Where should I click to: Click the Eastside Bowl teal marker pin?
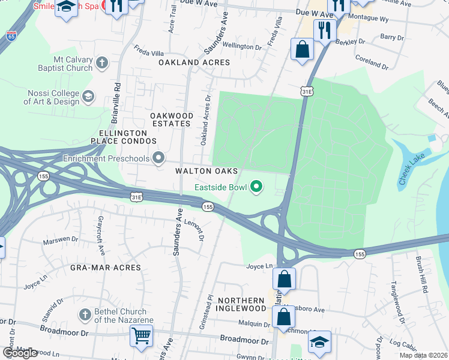click(x=257, y=188)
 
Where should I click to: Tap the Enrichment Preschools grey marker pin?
click(x=159, y=158)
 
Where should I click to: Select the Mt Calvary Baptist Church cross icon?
click(x=102, y=62)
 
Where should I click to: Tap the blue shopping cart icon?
click(x=141, y=336)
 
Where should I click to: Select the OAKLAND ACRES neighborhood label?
click(x=194, y=62)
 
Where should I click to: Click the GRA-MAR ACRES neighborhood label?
click(x=105, y=268)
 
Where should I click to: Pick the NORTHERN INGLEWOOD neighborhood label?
click(x=241, y=304)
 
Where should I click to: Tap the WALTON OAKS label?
click(x=206, y=172)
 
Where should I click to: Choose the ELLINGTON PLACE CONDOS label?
click(x=119, y=137)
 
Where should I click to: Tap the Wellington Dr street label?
click(x=243, y=46)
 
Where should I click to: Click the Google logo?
click(x=20, y=353)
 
